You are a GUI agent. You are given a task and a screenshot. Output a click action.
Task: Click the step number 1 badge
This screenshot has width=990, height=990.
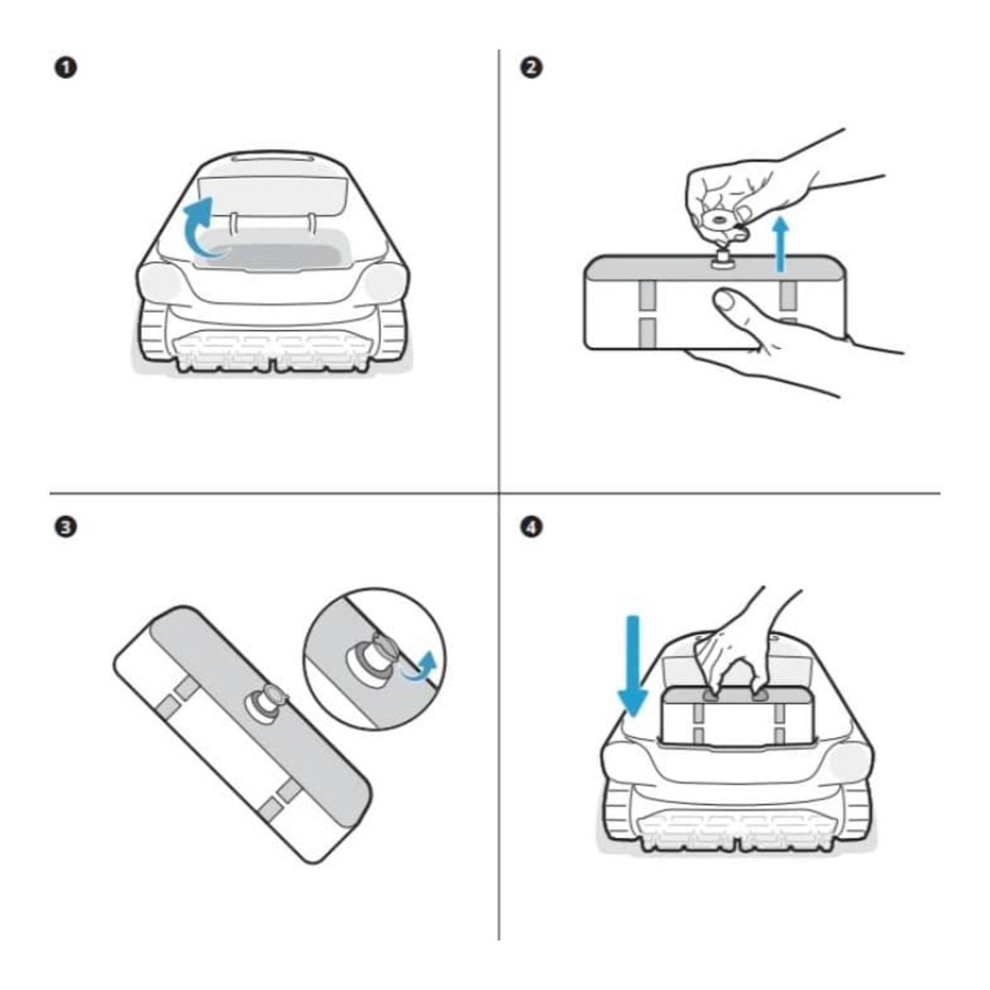(x=66, y=68)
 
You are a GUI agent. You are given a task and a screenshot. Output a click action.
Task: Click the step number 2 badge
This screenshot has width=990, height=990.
(x=531, y=68)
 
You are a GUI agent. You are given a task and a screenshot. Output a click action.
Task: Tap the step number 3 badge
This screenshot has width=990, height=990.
(x=66, y=528)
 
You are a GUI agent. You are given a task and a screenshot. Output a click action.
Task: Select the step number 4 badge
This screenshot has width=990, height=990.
(x=531, y=528)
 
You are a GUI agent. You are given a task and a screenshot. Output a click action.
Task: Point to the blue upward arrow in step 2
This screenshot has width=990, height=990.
(x=781, y=243)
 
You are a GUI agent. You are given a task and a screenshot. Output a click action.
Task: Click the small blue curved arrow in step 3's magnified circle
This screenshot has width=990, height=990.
(x=422, y=668)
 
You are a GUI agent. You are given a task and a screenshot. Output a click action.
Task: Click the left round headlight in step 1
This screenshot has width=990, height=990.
(x=160, y=281)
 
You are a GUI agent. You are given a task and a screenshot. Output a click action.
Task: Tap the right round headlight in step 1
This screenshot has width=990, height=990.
(x=385, y=281)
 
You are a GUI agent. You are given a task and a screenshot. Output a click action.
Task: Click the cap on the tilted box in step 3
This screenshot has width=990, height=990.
(x=267, y=704)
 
